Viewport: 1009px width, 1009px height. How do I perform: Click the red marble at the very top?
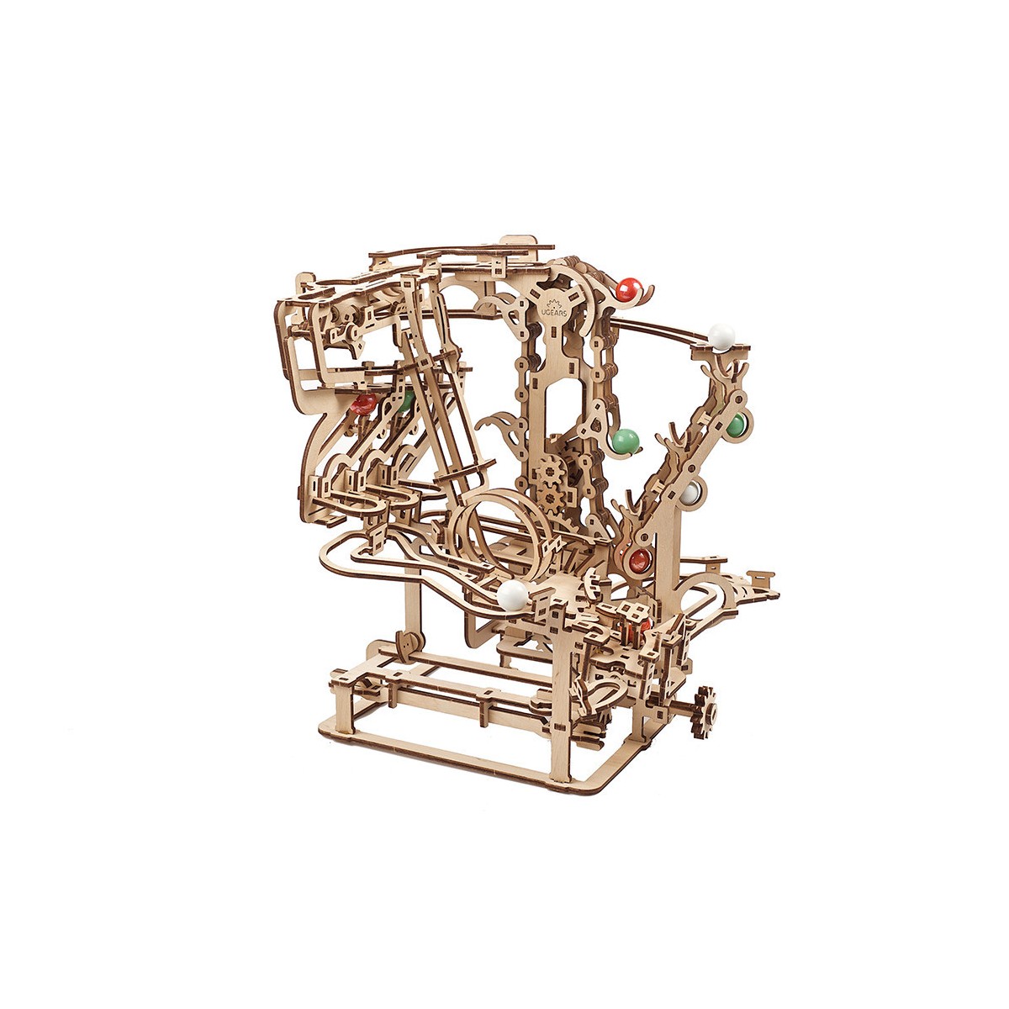coord(625,290)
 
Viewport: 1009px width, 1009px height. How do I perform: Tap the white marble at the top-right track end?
coord(721,336)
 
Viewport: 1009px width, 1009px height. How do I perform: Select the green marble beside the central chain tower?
coord(625,440)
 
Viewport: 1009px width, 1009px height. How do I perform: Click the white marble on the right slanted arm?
coord(690,494)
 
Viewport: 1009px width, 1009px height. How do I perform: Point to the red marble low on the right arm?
coord(640,558)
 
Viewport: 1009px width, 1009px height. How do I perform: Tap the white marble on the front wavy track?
coord(511,595)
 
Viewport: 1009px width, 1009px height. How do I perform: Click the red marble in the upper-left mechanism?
coord(363,404)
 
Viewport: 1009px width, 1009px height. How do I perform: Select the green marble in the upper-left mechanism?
coord(407,400)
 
